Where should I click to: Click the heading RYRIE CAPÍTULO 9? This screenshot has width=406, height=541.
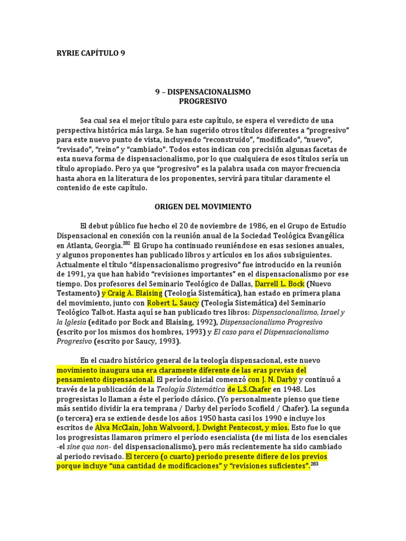(91, 53)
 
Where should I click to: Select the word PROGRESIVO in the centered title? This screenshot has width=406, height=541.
(203, 101)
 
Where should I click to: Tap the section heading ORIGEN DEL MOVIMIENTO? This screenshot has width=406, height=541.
(203, 206)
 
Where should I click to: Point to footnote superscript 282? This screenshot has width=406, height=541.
(126, 244)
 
